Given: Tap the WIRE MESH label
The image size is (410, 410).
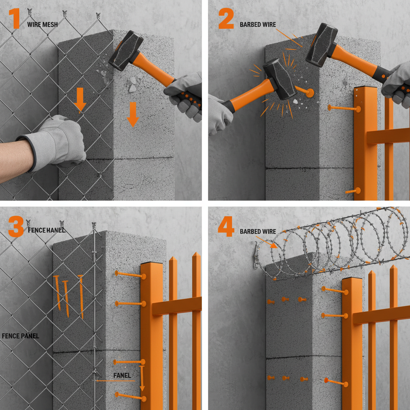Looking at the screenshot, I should (42, 24).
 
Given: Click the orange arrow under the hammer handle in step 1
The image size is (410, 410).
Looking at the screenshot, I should (133, 114).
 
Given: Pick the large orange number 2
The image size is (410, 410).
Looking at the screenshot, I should (226, 19).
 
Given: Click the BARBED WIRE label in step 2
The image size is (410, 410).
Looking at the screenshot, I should (258, 24).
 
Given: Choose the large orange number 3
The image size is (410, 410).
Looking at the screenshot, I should (16, 228).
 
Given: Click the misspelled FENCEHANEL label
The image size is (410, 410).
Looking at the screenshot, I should (46, 230).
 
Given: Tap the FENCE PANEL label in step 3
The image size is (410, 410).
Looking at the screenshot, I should (20, 336).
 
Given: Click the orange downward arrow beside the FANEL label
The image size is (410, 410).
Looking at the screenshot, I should (142, 378).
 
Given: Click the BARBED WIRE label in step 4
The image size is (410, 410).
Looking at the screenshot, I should (258, 231).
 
